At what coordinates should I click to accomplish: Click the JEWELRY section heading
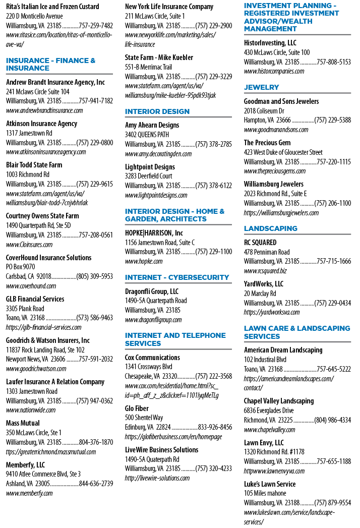tap(261, 87)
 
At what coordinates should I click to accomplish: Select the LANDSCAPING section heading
tap(270, 228)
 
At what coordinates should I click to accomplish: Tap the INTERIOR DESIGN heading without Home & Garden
tap(157, 111)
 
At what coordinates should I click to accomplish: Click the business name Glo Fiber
tap(137, 408)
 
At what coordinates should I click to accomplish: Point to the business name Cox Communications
tap(152, 357)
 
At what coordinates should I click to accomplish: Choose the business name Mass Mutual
tap(23, 423)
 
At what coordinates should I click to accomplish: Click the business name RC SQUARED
tap(260, 243)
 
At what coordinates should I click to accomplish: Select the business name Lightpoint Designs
tap(150, 167)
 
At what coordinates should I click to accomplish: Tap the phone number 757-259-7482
tap(96, 26)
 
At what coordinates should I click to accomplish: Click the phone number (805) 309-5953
tap(95, 276)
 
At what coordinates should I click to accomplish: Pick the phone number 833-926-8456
tap(215, 427)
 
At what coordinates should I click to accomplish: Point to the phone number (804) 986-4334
tap(332, 420)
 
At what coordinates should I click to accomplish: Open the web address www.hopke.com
tap(144, 261)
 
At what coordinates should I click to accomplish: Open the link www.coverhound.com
tap(31, 286)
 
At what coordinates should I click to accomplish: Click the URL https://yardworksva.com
tap(272, 312)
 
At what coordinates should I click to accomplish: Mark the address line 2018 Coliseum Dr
tap(264, 111)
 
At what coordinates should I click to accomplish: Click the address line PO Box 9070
tap(21, 267)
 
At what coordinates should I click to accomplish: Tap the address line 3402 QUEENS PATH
tap(147, 134)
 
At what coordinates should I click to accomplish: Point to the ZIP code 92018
tap(44, 276)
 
